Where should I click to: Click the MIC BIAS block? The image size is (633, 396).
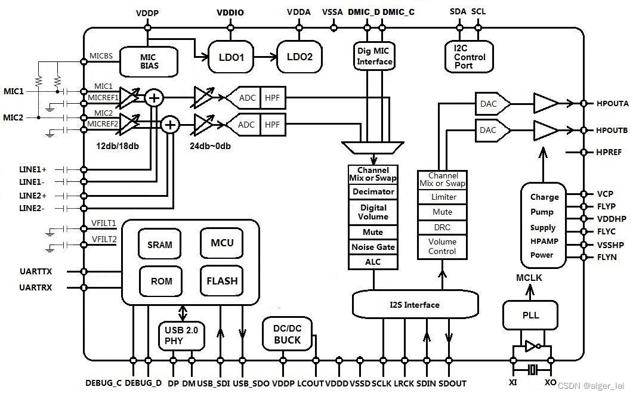pos(149,62)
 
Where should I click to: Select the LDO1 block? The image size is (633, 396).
pos(231,57)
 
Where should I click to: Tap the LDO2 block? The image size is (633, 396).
pos(299,57)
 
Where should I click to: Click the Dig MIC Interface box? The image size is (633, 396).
pos(374,56)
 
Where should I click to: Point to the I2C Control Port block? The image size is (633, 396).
pos(469,57)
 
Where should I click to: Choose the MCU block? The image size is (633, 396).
pos(221,243)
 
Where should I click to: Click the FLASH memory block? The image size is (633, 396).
pos(221,280)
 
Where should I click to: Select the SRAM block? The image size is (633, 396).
pos(159,244)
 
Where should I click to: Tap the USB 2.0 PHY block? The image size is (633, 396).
pos(181,336)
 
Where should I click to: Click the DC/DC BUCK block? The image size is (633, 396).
pos(287,334)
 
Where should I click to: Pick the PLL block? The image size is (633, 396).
pos(530,315)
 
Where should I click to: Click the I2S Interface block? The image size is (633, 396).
pos(415,305)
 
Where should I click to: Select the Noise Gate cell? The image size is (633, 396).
pos(373,247)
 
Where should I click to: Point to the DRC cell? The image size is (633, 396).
pos(442,227)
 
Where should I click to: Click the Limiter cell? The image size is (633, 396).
pos(442,197)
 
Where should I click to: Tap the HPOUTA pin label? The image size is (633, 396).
pos(612,103)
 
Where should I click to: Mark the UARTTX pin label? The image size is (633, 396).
pos(36,271)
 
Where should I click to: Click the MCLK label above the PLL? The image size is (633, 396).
pos(529,278)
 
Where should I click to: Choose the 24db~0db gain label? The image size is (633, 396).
pos(210,146)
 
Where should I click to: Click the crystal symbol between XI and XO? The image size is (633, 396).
pos(533,369)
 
